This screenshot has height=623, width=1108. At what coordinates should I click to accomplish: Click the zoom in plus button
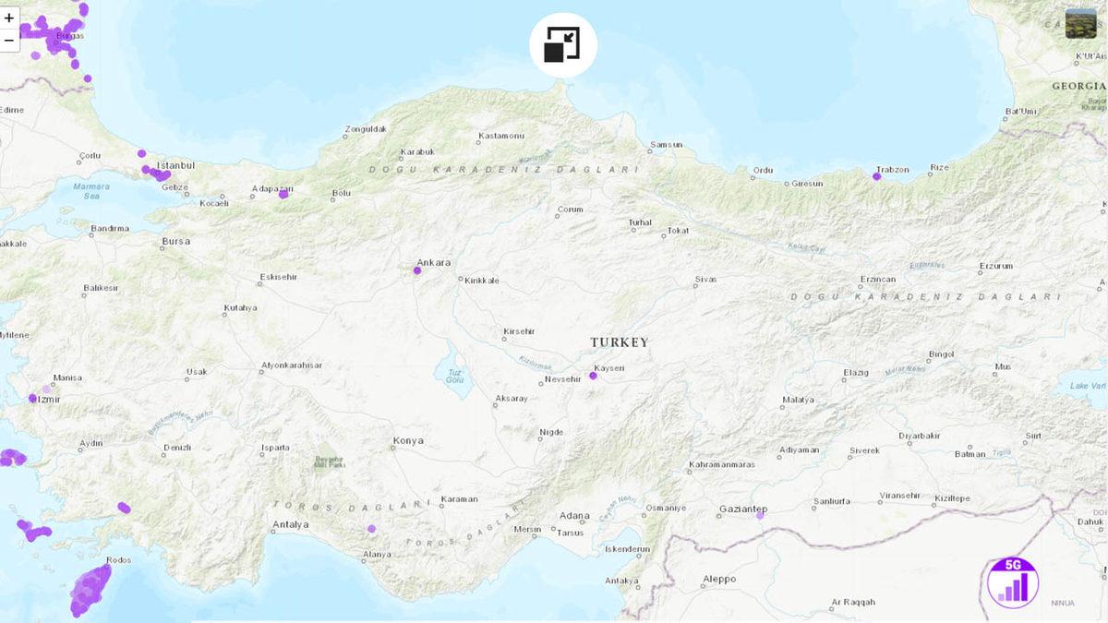click(9, 18)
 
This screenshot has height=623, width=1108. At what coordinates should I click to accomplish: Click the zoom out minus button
click(9, 40)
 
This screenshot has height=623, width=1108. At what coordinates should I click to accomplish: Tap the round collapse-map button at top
click(562, 45)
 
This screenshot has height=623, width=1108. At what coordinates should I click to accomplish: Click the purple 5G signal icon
click(1013, 583)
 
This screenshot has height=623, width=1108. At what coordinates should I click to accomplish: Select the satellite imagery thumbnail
click(1080, 23)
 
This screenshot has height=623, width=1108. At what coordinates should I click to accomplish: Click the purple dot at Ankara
click(417, 271)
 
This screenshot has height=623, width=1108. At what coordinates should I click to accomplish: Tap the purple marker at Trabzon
click(876, 176)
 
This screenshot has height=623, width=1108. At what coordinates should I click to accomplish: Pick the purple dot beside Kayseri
click(593, 376)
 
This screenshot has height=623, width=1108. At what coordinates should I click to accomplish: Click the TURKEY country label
click(620, 342)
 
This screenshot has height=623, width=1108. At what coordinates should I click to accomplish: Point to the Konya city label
click(407, 440)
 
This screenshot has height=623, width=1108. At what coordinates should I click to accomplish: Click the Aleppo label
click(719, 579)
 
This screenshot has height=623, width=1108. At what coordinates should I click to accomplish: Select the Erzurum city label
click(996, 266)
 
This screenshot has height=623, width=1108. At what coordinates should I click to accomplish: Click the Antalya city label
click(291, 525)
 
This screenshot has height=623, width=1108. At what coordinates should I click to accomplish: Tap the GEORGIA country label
click(1078, 86)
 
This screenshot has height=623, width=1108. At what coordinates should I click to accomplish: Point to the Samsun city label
click(666, 145)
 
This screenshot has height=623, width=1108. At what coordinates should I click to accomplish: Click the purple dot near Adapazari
click(283, 195)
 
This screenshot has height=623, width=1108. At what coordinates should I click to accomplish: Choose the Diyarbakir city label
click(919, 435)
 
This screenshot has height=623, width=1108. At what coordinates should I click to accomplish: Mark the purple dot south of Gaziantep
click(760, 516)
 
